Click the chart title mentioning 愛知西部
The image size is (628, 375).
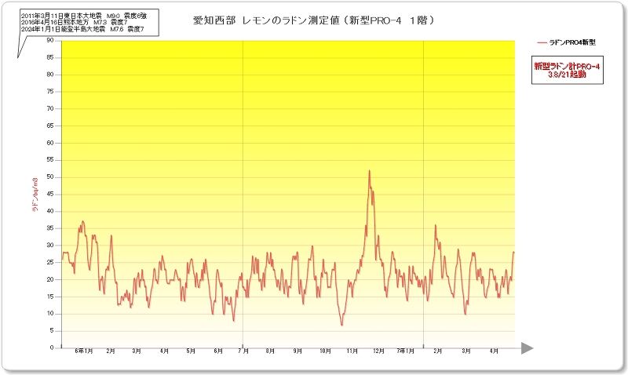[x=314, y=20]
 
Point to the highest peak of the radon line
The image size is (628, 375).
[x=369, y=171]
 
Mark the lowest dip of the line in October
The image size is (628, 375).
[x=341, y=324]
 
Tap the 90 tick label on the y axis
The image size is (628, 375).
[x=50, y=40]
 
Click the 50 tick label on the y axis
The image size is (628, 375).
[x=50, y=177]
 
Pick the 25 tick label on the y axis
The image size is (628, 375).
[x=50, y=262]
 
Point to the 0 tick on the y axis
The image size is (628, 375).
[x=52, y=348]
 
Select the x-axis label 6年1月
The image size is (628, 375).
[x=84, y=351]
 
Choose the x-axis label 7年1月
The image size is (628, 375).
[x=406, y=351]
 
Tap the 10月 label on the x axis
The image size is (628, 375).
[x=325, y=351]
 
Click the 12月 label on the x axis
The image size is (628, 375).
[x=379, y=351]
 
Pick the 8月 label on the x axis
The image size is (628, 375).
[x=272, y=351]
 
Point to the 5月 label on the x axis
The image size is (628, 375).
[x=191, y=351]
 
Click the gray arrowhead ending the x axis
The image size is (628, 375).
[x=527, y=348]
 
